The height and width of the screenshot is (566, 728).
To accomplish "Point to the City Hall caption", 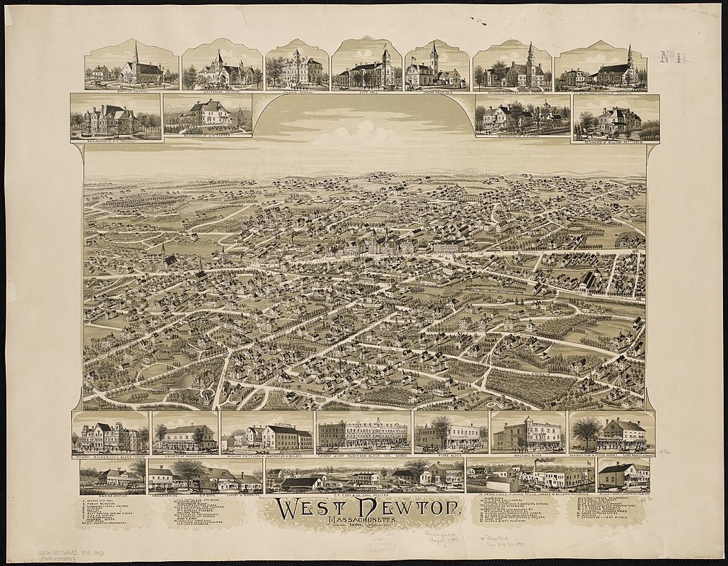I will [x=366, y=90].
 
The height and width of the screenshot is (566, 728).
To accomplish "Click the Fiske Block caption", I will [x=450, y=454].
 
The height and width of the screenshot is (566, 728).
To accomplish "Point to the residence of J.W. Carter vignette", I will [x=207, y=115].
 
